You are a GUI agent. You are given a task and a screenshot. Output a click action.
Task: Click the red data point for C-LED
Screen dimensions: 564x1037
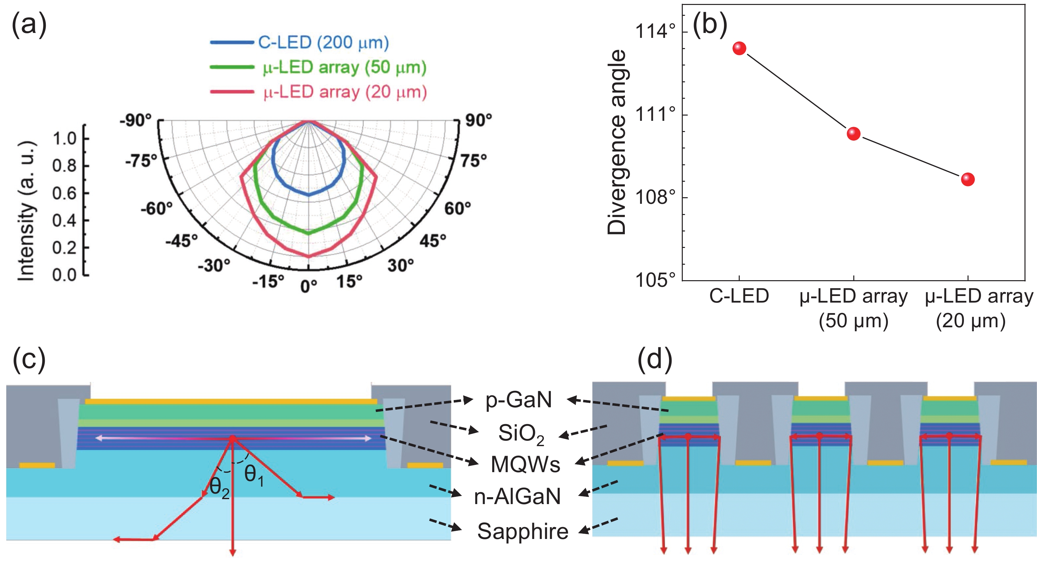pyautogui.click(x=739, y=48)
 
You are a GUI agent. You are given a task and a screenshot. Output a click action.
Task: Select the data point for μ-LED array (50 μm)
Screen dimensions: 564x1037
pyautogui.click(x=853, y=134)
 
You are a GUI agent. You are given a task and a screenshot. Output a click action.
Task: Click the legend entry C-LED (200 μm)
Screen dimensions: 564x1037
pyautogui.click(x=323, y=42)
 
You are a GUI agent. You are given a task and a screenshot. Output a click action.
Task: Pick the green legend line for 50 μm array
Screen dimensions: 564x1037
pyautogui.click(x=231, y=67)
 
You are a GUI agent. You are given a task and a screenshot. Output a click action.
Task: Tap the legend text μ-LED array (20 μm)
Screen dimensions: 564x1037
pyautogui.click(x=345, y=92)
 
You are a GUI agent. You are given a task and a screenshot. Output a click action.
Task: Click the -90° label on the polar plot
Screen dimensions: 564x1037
pyautogui.click(x=136, y=120)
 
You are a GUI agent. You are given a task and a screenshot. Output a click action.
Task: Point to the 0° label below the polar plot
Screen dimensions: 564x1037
pyautogui.click(x=309, y=286)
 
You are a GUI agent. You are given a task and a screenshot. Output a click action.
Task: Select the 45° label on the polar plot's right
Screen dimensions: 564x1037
pyautogui.click(x=433, y=241)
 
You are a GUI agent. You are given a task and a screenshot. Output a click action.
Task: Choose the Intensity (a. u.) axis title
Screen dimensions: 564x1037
pyautogui.click(x=27, y=211)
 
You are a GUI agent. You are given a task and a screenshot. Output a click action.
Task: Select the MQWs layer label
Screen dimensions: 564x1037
pyautogui.click(x=525, y=465)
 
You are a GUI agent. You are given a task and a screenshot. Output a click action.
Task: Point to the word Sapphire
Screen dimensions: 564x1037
pyautogui.click(x=522, y=531)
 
